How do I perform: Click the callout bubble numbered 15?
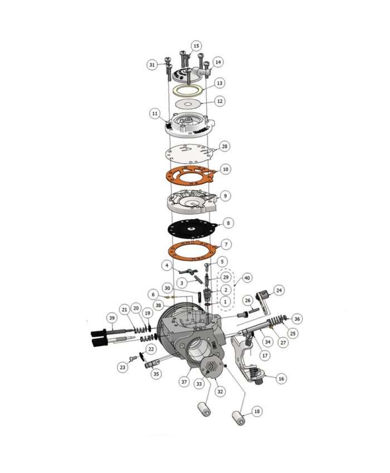[x=196, y=45]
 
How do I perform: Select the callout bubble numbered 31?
[x=152, y=65]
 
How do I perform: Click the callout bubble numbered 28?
[x=225, y=146]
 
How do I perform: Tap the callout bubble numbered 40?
[x=247, y=277]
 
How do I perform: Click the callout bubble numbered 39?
[x=112, y=318]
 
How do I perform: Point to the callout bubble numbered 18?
[x=256, y=411]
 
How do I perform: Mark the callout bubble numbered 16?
[x=281, y=378]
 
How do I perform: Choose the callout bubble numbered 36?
[x=297, y=319]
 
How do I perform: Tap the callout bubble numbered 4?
[x=166, y=265]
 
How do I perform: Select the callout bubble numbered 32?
[x=220, y=391]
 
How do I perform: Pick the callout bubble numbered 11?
[x=154, y=113]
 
